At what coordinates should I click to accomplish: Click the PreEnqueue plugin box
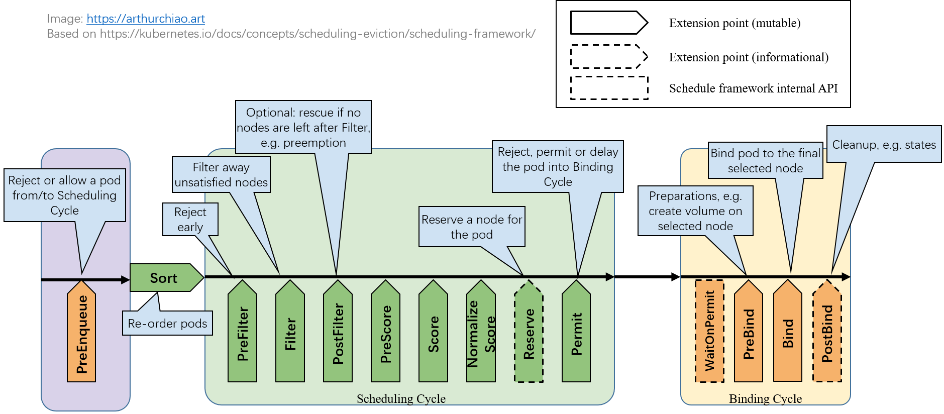(x=81, y=334)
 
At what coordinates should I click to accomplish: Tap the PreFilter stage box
(x=242, y=334)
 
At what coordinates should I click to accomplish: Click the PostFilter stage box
(x=338, y=334)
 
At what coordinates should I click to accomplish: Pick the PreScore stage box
(x=385, y=334)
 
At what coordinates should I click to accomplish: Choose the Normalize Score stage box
(x=481, y=334)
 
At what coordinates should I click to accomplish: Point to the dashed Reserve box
(x=529, y=334)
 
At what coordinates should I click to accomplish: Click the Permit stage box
(x=576, y=334)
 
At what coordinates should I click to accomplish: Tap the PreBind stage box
(x=749, y=334)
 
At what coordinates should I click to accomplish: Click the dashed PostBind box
(x=827, y=334)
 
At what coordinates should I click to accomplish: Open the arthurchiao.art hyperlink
(x=146, y=19)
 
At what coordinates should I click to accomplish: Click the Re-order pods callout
(x=167, y=324)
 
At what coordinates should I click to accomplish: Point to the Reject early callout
(x=190, y=220)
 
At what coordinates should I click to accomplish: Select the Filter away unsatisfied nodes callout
(x=221, y=175)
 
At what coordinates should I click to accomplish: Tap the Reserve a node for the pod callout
(x=472, y=227)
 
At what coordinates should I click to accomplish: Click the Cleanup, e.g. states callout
(x=884, y=145)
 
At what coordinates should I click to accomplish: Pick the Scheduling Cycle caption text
(x=401, y=398)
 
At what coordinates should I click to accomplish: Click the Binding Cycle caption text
(x=765, y=398)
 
